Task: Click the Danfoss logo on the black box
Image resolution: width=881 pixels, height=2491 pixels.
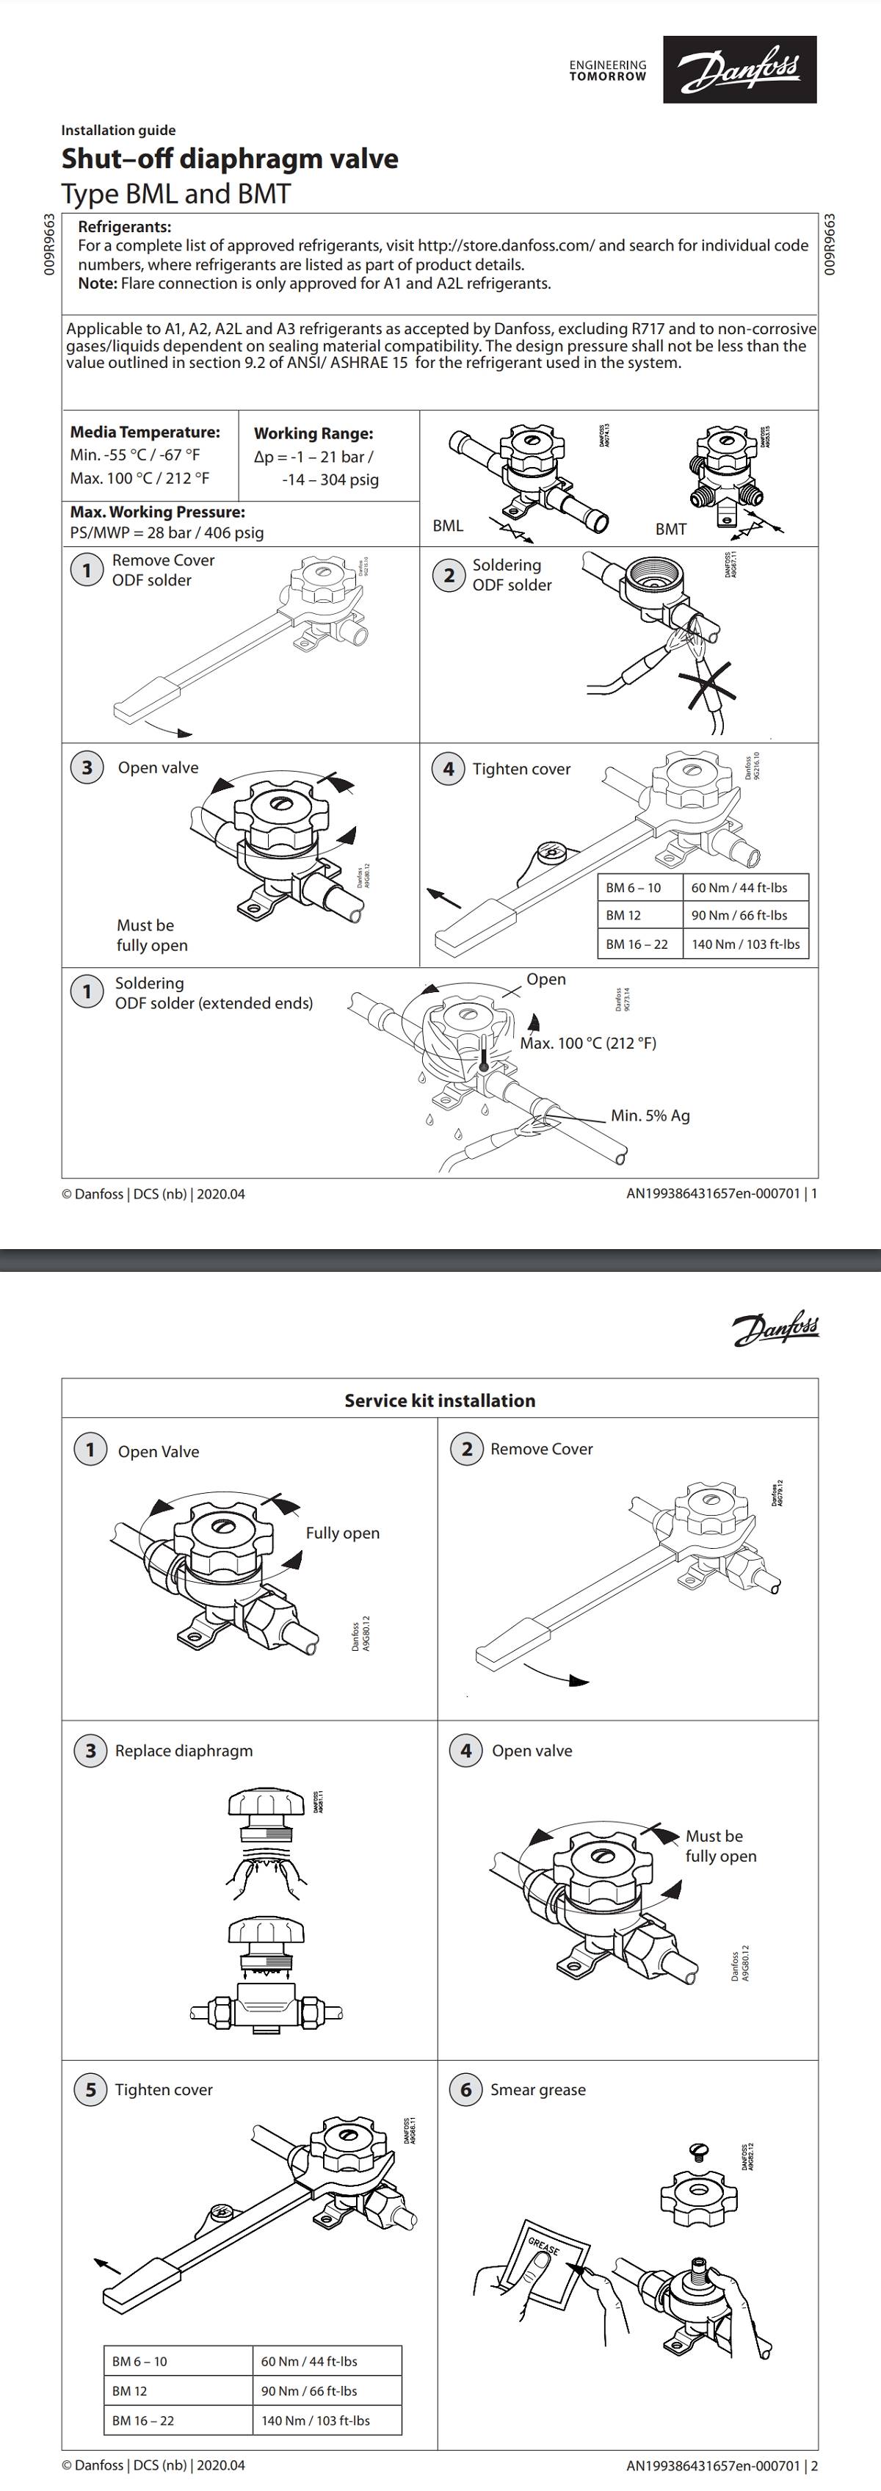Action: click(739, 70)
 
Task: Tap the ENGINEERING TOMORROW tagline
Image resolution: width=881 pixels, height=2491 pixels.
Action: click(607, 70)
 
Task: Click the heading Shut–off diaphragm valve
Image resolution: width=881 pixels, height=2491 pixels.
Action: click(229, 159)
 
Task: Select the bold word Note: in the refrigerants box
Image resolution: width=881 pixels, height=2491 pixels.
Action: click(98, 283)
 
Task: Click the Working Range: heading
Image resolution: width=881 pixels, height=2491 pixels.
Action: click(313, 433)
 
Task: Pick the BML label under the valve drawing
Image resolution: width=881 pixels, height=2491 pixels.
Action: click(448, 526)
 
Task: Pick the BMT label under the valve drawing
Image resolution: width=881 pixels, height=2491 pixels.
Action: click(670, 529)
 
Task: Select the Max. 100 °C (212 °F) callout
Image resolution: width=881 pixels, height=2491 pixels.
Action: click(588, 1044)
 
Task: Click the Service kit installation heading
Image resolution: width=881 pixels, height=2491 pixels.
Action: click(439, 1400)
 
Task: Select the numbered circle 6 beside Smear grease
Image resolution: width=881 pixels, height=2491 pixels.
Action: click(465, 2090)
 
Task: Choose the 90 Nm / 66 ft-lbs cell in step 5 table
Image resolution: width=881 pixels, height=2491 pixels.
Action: click(308, 2390)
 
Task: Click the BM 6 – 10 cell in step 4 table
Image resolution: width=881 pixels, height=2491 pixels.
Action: click(634, 888)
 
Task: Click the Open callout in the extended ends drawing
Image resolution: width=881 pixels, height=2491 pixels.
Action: click(546, 979)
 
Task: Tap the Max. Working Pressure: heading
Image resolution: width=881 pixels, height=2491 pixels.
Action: click(156, 512)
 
